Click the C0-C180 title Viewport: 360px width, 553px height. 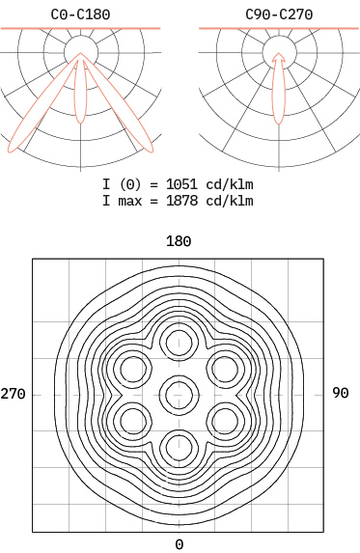80,14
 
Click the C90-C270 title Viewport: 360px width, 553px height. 279,14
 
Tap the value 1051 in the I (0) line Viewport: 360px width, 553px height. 181,184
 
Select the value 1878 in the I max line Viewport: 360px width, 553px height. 181,201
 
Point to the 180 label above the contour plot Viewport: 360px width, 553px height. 179,241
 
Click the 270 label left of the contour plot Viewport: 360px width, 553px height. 14,394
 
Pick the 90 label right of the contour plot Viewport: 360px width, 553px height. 341,393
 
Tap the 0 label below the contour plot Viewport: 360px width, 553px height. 180,544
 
